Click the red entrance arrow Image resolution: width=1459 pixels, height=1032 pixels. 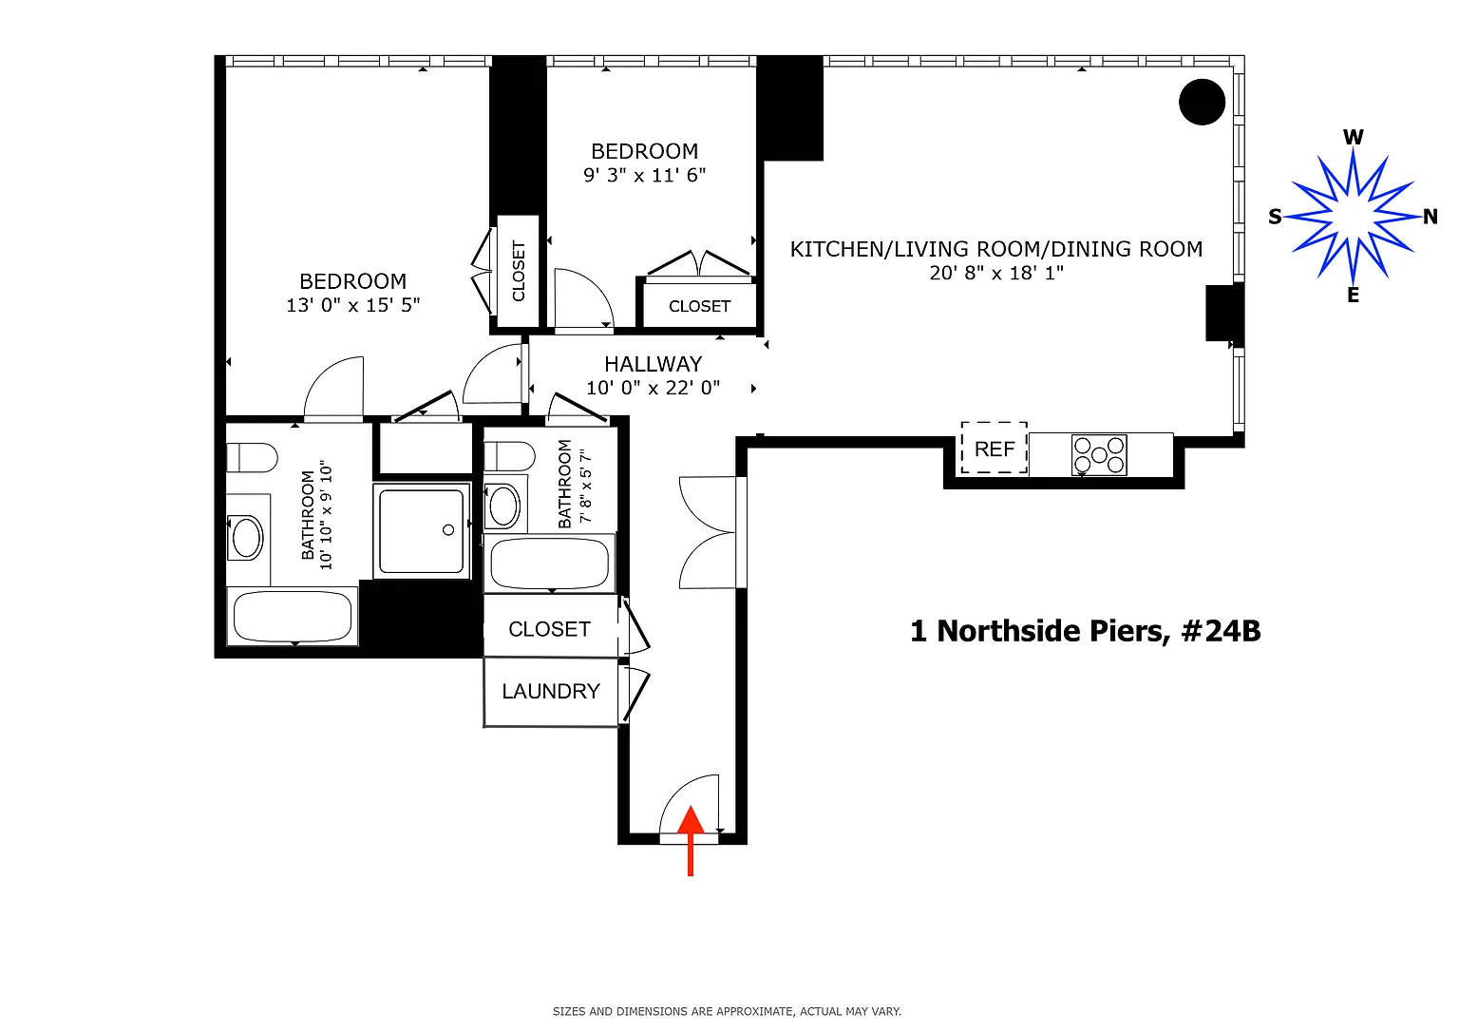coord(691,840)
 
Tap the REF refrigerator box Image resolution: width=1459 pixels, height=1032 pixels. coord(994,448)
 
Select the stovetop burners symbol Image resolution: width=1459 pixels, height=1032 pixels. coord(1099,455)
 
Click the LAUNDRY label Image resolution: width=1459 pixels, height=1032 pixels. coord(550,691)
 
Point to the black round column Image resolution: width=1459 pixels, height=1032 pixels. coord(1202,102)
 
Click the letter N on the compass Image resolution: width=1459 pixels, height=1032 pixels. coord(1430,217)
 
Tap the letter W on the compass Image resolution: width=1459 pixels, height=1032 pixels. coord(1353,138)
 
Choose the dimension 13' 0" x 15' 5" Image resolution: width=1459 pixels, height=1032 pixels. coord(353,305)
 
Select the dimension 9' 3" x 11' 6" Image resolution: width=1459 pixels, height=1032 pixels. coord(644,175)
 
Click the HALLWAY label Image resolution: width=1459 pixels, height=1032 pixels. coord(654,364)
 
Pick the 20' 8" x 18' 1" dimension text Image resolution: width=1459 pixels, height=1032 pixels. coord(995,273)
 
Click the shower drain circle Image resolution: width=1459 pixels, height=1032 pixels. coord(448,529)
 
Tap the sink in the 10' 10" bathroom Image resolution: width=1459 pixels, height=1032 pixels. coord(246,538)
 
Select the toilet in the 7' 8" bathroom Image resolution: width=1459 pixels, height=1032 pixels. coord(509,456)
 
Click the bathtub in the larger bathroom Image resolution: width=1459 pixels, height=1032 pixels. coord(292,616)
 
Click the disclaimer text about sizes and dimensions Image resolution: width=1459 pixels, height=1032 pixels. coord(727,1011)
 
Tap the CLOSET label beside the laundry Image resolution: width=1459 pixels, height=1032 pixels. coord(549,629)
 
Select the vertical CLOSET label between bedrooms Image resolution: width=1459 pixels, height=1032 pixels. coord(519,271)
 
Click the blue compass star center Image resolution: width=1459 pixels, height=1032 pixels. coord(1353,216)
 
